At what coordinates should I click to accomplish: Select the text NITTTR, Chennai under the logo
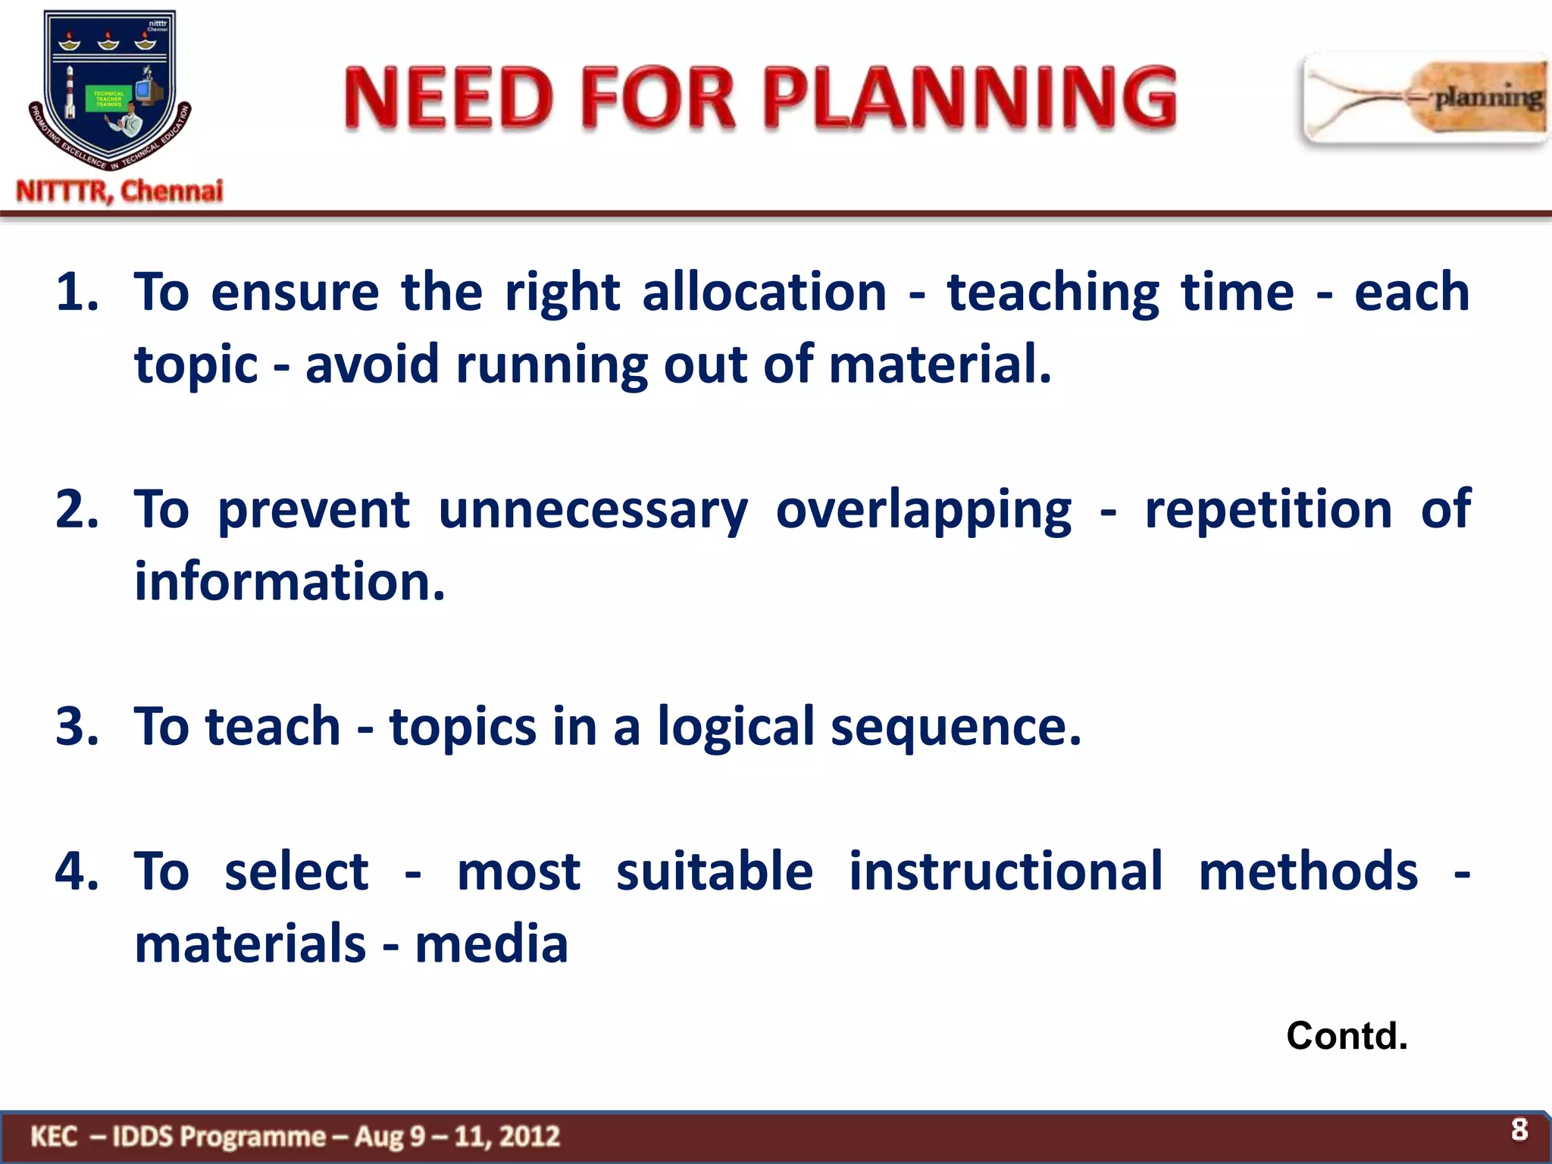click(x=120, y=191)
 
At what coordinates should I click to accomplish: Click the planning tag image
click(x=1425, y=99)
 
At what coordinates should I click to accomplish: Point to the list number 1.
click(x=76, y=292)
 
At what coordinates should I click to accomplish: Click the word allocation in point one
click(x=764, y=292)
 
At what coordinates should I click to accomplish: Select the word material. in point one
click(x=940, y=364)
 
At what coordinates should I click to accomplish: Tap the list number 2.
click(x=76, y=509)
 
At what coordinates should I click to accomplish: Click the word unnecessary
click(x=593, y=509)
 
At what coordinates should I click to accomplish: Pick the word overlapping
click(x=923, y=509)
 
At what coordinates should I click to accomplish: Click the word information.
click(x=289, y=582)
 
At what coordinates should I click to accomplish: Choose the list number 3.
click(x=76, y=726)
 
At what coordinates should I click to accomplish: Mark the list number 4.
click(x=76, y=871)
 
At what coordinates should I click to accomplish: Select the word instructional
click(x=1005, y=871)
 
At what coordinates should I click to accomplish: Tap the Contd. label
click(x=1347, y=1036)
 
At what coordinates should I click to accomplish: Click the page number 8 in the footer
click(x=1519, y=1130)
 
